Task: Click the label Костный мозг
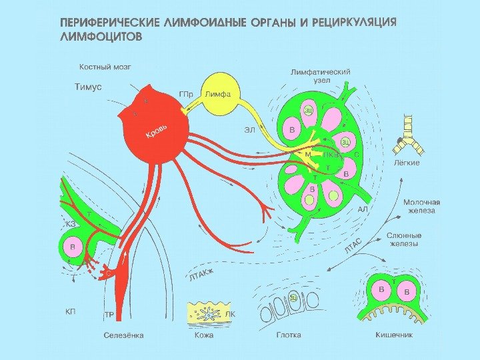coord(105,67)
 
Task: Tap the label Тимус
coord(87,87)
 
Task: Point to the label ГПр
coord(187,94)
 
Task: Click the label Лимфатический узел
coord(321,75)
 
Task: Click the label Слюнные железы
coord(405,239)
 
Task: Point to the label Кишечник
coord(393,335)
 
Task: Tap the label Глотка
coord(289,335)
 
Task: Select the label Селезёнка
coord(123,335)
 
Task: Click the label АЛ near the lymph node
coord(363,209)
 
